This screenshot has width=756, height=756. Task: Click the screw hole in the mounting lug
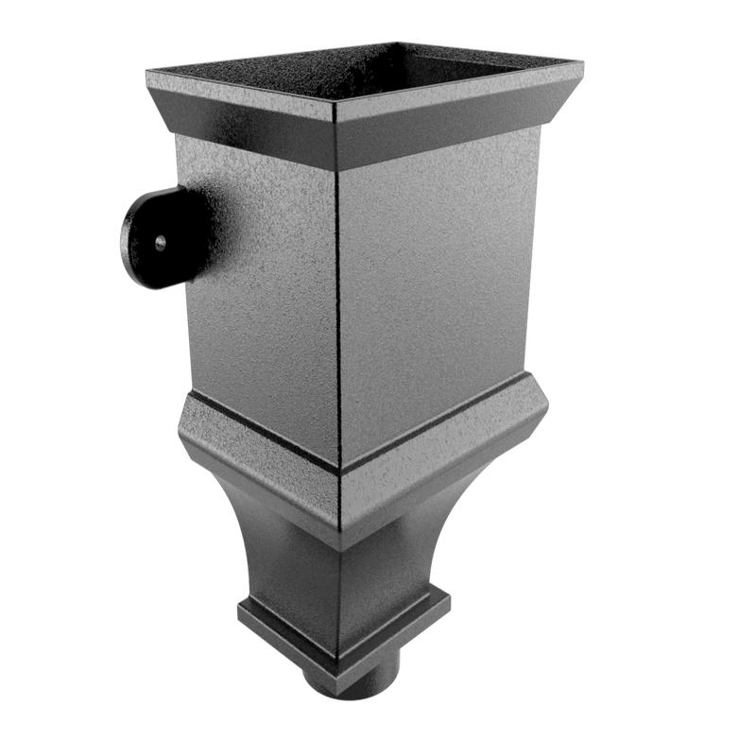click(x=162, y=243)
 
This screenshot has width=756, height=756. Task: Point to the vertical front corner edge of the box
click(x=337, y=302)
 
